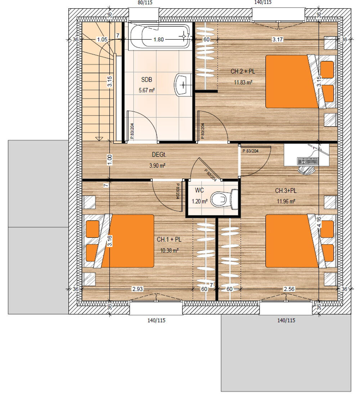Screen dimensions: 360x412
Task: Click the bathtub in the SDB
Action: point(159,36)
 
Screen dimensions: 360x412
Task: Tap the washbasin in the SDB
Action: point(183,85)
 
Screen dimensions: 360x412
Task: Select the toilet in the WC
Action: point(225,199)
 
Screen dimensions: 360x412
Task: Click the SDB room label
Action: point(147,80)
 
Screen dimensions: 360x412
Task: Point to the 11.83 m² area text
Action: point(243,82)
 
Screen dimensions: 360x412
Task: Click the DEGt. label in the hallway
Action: point(159,155)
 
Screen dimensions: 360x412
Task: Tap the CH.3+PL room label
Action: point(286,191)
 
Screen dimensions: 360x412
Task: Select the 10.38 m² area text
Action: point(170,251)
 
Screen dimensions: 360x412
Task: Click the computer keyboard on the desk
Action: point(307,161)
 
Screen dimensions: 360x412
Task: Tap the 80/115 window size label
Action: point(145,3)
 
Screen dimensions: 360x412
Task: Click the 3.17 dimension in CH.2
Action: point(278,40)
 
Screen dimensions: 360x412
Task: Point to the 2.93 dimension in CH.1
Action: point(138,289)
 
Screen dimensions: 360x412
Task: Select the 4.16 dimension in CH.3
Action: point(319,222)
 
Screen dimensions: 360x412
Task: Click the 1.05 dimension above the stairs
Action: point(102,40)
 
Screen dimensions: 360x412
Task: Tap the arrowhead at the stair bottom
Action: point(99,139)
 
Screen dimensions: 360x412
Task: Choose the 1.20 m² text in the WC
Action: point(199,202)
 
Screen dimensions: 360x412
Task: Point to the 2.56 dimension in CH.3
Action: point(289,289)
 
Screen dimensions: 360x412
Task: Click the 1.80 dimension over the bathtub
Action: point(158,40)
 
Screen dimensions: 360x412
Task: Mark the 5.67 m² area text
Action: point(147,90)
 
